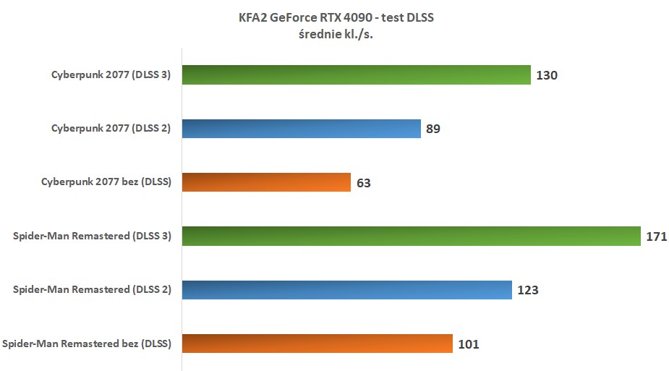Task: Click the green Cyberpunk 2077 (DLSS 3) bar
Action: click(x=357, y=74)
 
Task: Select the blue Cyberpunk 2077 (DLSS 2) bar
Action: click(x=301, y=129)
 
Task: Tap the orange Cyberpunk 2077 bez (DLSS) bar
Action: click(x=266, y=182)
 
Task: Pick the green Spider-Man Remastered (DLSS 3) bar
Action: click(x=411, y=236)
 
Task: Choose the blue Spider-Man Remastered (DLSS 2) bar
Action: click(x=346, y=290)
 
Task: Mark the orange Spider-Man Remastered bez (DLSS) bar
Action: click(x=317, y=344)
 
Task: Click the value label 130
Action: click(x=547, y=75)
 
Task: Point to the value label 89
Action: click(x=433, y=129)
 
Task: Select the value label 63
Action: click(x=363, y=183)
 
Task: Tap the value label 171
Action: click(x=656, y=236)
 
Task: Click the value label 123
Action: click(x=528, y=291)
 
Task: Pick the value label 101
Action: click(x=469, y=344)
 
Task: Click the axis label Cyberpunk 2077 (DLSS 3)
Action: click(x=111, y=74)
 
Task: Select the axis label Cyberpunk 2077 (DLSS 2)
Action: click(x=111, y=129)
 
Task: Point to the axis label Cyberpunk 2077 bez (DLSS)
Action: click(x=106, y=182)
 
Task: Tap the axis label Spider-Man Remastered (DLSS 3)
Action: click(x=92, y=236)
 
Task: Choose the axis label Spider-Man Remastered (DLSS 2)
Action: click(x=92, y=290)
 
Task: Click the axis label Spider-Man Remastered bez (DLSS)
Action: click(x=87, y=344)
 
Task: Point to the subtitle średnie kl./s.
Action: click(x=334, y=35)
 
